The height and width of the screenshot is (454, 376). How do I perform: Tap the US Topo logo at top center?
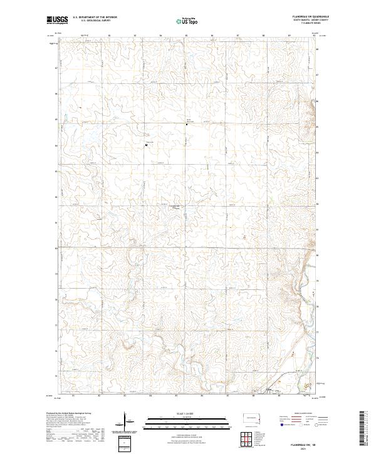click(x=189, y=21)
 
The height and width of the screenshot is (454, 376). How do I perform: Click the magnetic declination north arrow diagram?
click(x=125, y=421)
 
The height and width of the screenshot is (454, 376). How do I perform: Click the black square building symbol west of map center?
click(x=146, y=145)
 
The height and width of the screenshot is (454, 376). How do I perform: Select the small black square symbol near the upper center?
click(x=186, y=124)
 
